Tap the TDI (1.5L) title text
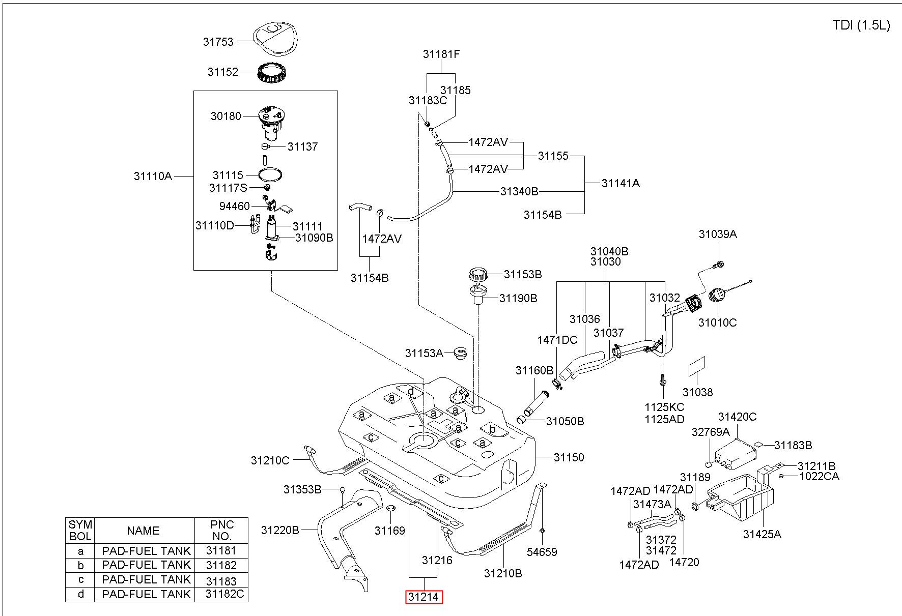pyautogui.click(x=861, y=25)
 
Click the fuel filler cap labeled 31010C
pyautogui.click(x=718, y=296)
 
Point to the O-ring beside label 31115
pyautogui.click(x=270, y=175)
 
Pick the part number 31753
pyautogui.click(x=218, y=42)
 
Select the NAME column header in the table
pyautogui.click(x=144, y=531)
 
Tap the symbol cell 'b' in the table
pyautogui.click(x=80, y=565)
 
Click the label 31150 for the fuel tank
pyautogui.click(x=569, y=457)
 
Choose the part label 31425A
pyautogui.click(x=762, y=534)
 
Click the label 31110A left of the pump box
pyautogui.click(x=153, y=177)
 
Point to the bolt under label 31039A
pyautogui.click(x=718, y=265)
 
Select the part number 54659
pyautogui.click(x=542, y=552)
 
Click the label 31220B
pyautogui.click(x=280, y=530)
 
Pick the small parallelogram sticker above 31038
pyautogui.click(x=697, y=366)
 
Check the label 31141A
pyautogui.click(x=621, y=183)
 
